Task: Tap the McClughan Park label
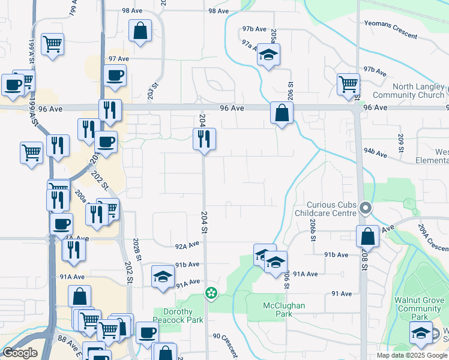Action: click(x=285, y=310)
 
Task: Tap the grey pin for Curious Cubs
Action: click(x=365, y=208)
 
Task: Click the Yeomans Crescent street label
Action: click(x=390, y=30)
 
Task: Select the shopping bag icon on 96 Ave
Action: click(x=282, y=112)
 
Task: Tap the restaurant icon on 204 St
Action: click(x=203, y=139)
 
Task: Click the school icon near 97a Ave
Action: click(x=268, y=55)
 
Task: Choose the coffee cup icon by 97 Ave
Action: click(x=115, y=76)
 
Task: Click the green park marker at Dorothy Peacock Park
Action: click(x=211, y=293)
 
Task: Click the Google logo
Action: click(x=19, y=353)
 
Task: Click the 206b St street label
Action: click(x=313, y=229)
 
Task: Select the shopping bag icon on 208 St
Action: click(x=367, y=236)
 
